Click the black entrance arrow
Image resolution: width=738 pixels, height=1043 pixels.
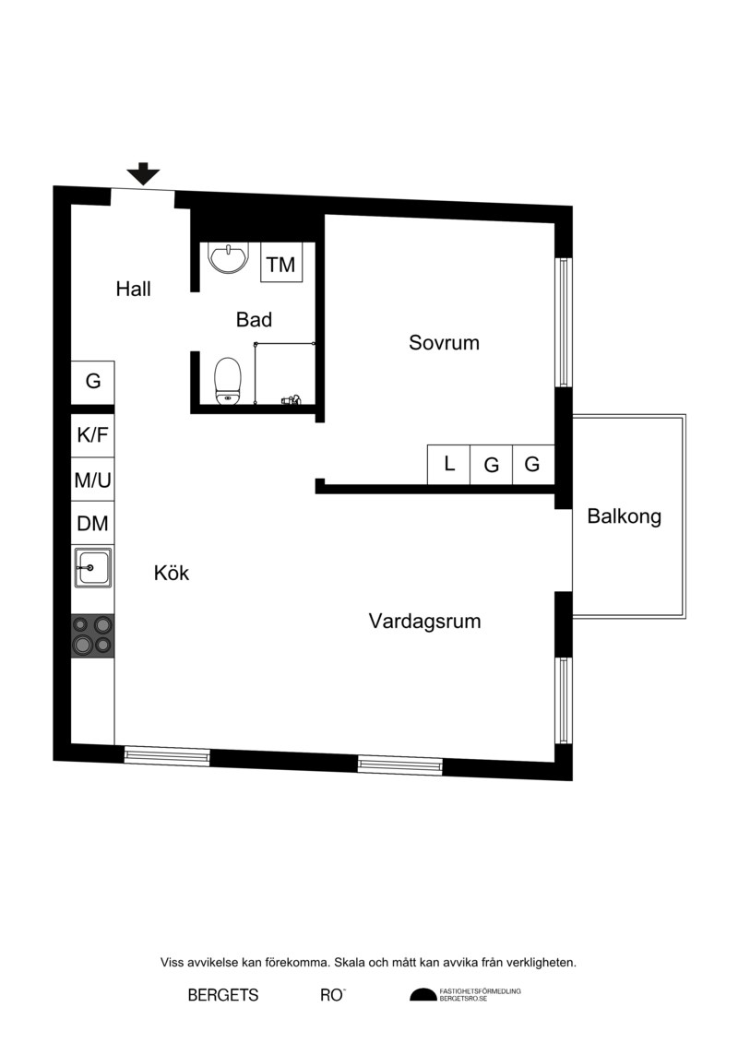coord(144,173)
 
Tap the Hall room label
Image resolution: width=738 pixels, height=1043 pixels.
coord(133,289)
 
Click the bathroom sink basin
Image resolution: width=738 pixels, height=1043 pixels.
coord(228,256)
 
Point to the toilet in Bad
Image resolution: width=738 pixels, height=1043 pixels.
coord(228,381)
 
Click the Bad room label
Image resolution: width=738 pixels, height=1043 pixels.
coord(255,319)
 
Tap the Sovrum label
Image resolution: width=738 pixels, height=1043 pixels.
coord(444,342)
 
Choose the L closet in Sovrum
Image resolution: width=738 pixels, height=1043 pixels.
coord(448,464)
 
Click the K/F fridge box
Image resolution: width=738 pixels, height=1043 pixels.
coord(92,435)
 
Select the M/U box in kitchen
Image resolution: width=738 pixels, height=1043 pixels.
coord(92,479)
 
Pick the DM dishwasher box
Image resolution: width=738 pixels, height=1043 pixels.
coord(92,523)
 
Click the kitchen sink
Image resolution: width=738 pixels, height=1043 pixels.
coord(93,567)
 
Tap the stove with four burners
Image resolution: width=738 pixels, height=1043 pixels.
coord(92,635)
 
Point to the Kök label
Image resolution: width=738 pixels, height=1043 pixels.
coord(172,573)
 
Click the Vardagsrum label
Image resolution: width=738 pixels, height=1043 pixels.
coord(424,622)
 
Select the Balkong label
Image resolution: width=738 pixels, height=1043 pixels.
coord(625,516)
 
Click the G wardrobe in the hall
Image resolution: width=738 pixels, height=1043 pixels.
coord(92,382)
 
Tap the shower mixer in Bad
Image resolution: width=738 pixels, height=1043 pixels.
coord(291,400)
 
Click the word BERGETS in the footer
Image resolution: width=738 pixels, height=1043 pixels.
coord(223,995)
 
